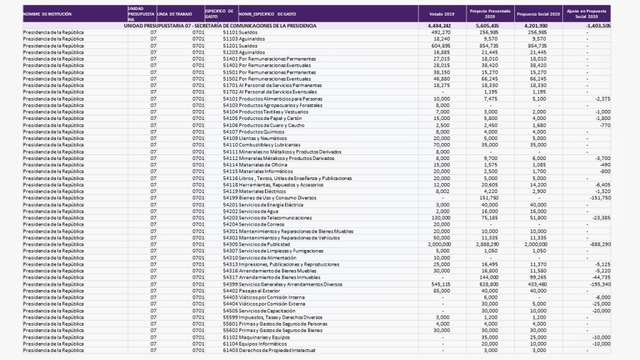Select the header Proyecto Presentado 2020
tap(485, 14)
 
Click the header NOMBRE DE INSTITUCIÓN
tap(47, 14)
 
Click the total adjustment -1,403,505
tap(594, 26)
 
